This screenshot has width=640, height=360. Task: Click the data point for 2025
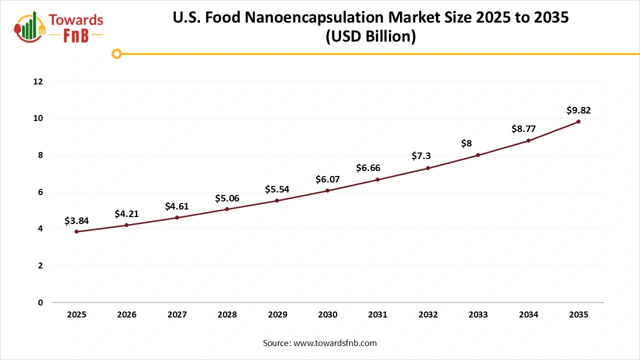76,231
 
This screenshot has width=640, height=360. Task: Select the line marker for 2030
327,190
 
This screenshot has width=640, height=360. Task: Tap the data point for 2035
578,121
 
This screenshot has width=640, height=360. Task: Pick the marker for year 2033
478,155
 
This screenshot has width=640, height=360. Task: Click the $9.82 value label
578,110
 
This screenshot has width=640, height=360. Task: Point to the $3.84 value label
76,221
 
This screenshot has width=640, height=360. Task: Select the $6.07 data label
327,179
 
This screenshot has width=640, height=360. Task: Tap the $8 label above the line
466,144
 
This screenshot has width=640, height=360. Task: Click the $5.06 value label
227,198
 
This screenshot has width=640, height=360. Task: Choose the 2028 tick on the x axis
227,315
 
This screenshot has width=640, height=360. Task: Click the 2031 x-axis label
377,315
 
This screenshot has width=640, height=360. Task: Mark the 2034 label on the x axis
528,315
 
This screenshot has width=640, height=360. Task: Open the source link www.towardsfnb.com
334,343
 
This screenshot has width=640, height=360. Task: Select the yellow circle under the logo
116,53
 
